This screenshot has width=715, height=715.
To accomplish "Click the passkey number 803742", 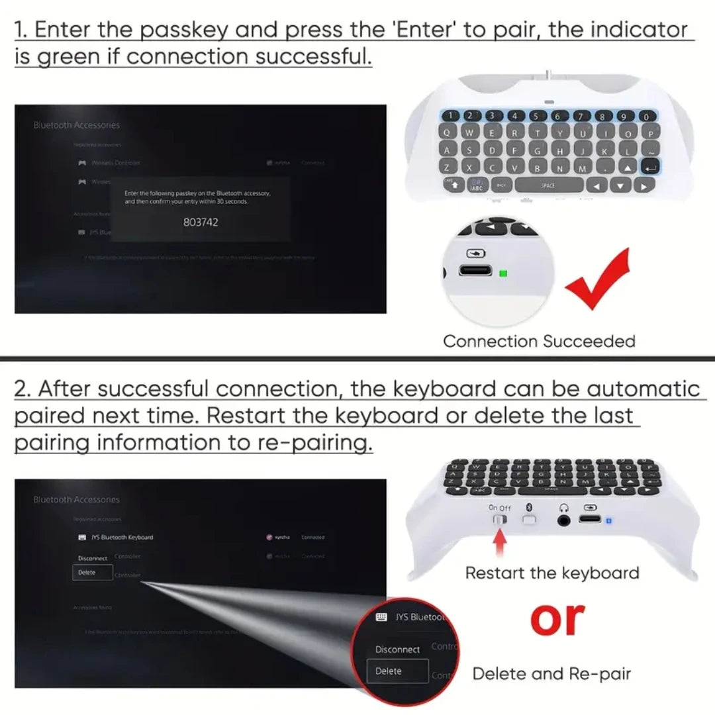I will coord(200,222).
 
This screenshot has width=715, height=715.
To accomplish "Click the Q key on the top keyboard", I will coord(450,132).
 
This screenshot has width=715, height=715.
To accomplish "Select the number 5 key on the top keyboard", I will coord(536,117).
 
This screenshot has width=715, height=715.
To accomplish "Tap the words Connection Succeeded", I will coord(539,342).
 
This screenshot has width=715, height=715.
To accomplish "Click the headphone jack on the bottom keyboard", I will coord(563,520).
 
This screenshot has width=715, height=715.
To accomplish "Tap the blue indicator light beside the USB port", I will coord(608,521).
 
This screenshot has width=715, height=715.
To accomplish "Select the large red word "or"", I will coord(557,618).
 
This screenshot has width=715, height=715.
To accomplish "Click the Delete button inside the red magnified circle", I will coord(389,671).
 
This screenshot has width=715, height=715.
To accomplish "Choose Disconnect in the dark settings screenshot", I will coord(92,558).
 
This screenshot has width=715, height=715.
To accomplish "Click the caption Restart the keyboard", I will coord(552,573).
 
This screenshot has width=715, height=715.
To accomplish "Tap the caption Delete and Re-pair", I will coord(551,674).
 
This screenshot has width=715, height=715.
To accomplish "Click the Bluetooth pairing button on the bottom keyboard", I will coord(528,520).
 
